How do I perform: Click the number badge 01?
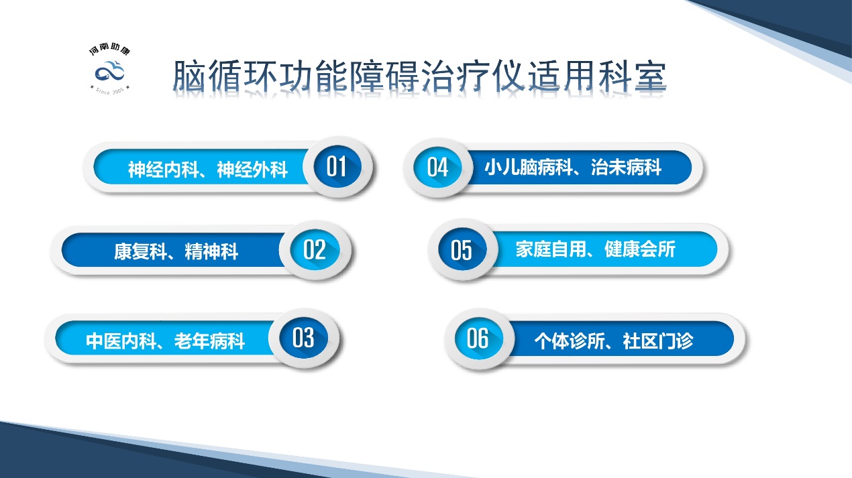click(x=336, y=166)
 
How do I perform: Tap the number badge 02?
click(x=314, y=249)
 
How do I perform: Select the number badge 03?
click(x=303, y=338)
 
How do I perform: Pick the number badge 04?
click(x=437, y=166)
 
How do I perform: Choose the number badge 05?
click(x=462, y=249)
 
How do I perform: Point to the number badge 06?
click(x=478, y=339)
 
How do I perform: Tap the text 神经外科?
click(x=252, y=170)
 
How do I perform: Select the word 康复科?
click(x=136, y=252)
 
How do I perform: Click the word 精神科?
click(x=211, y=252)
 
